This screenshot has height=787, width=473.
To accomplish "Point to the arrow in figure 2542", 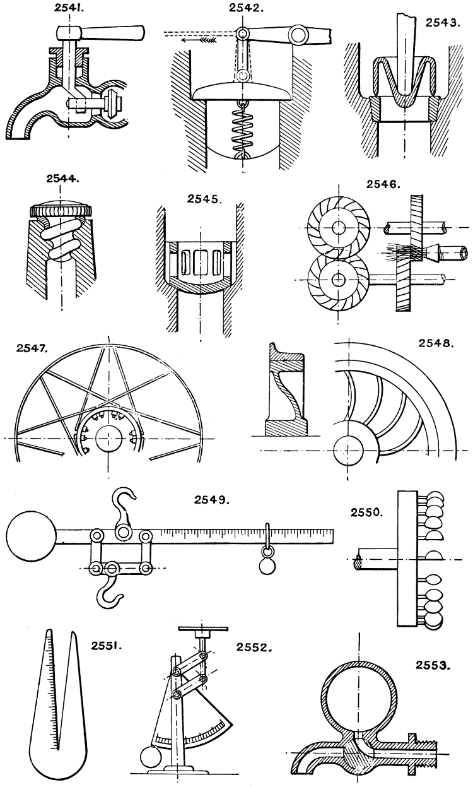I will tap(196, 39).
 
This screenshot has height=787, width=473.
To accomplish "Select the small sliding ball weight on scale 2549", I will tap(267, 566).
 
